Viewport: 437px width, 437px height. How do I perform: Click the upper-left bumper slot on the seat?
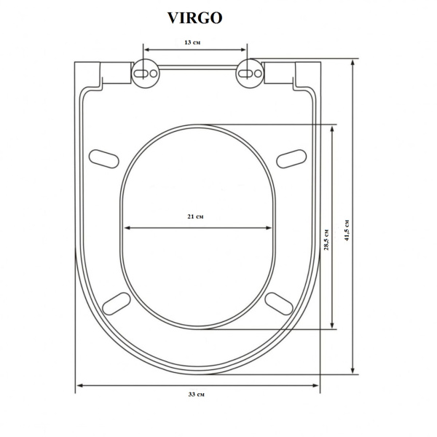click(104, 157)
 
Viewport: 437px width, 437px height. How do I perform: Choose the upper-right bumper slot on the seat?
click(292, 157)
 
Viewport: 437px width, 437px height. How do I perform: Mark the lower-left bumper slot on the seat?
click(117, 302)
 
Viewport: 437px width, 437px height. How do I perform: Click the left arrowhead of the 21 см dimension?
click(127, 228)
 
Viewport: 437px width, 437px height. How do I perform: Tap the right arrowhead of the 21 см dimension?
click(271, 228)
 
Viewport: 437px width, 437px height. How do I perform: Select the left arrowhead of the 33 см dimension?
click(79, 385)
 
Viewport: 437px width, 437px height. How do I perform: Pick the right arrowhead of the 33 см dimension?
click(317, 385)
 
